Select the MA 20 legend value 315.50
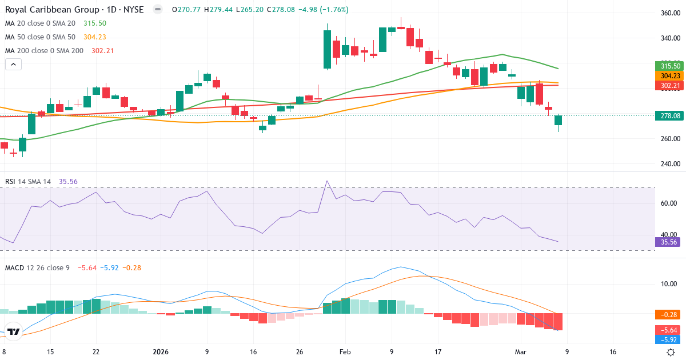pos(94,23)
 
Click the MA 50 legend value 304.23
pos(94,37)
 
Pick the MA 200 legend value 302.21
pos(103,51)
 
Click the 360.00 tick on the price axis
pos(669,13)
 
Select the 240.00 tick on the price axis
pos(669,164)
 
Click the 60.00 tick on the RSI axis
pos(669,203)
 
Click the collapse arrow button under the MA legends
pos(13,65)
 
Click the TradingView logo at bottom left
pos(14,331)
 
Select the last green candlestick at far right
pos(558,120)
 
